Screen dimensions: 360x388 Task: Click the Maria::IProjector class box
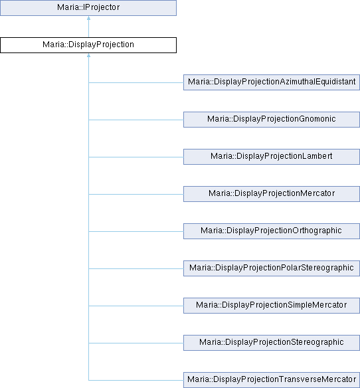click(88, 8)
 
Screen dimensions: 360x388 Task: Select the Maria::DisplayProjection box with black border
click(88, 45)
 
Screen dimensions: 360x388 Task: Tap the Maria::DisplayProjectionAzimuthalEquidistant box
click(272, 82)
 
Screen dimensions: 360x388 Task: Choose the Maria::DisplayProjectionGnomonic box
click(272, 120)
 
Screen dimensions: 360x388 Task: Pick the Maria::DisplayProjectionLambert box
click(272, 157)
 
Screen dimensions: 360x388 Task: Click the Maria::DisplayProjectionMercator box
click(272, 194)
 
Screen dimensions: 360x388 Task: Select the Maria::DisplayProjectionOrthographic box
click(272, 231)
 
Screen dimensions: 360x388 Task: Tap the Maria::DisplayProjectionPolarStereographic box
click(272, 268)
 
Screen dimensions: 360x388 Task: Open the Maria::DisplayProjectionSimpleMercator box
click(272, 306)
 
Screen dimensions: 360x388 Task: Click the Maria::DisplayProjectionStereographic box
click(272, 343)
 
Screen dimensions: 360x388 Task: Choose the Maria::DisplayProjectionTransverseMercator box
click(272, 380)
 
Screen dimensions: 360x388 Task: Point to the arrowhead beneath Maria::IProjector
click(88, 18)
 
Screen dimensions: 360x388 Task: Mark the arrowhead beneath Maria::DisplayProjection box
click(88, 55)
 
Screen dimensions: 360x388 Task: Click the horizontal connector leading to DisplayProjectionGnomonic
click(136, 120)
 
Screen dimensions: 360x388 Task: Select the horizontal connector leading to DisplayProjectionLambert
click(136, 157)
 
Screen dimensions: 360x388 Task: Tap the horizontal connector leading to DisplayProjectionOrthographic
click(136, 231)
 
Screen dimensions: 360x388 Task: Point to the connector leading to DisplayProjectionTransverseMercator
click(136, 380)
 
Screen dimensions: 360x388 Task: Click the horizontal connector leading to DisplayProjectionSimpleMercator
click(136, 306)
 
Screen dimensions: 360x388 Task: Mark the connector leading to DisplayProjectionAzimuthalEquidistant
click(136, 82)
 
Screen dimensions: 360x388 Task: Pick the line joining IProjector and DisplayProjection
click(88, 27)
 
